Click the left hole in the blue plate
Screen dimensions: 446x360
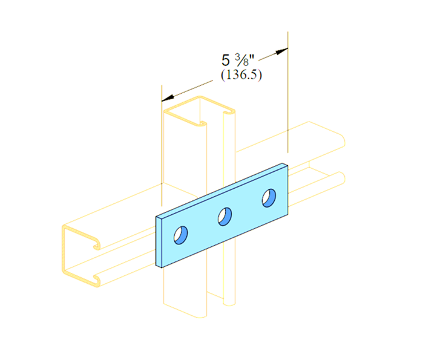click(180, 235)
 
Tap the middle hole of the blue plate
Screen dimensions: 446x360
click(225, 217)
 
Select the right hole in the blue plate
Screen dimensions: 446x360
click(269, 198)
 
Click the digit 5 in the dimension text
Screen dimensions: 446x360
click(225, 61)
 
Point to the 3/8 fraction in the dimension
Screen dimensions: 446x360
click(242, 60)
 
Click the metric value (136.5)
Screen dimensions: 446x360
click(241, 75)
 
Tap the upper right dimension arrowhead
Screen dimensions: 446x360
click(281, 51)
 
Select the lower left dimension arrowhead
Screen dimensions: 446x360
click(168, 98)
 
